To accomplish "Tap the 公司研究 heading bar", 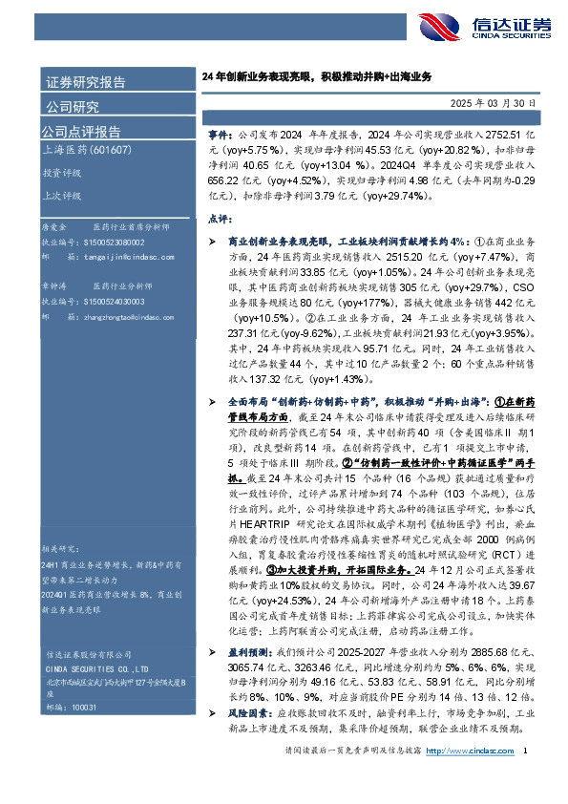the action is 72,106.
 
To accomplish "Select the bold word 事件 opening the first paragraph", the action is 219,138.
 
